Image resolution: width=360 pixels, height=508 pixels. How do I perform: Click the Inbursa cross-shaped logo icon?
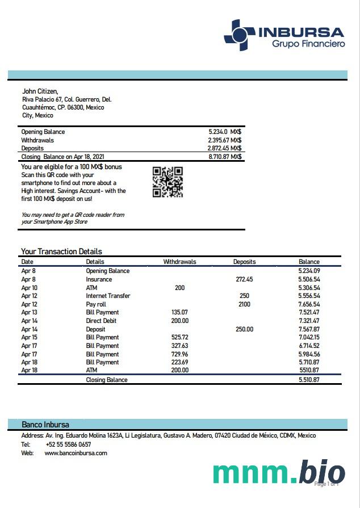239,35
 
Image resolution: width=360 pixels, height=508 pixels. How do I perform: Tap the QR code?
168,182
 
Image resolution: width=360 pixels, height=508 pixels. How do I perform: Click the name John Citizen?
40,91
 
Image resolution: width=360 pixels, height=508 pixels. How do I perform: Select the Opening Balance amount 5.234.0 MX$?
225,132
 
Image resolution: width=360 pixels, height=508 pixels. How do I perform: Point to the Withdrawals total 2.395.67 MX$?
224,140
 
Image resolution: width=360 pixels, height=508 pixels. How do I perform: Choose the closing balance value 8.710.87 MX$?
225,157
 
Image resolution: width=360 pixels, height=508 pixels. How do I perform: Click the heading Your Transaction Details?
61,251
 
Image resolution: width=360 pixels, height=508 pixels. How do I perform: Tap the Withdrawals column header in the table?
179,262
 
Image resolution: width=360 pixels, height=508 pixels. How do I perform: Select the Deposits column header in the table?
244,262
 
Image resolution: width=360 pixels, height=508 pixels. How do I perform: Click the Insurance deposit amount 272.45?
244,279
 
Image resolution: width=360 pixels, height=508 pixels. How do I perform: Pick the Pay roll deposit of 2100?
244,304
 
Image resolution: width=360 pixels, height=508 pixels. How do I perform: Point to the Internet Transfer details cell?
108,296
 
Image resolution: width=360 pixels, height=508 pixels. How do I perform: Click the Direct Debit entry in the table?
101,321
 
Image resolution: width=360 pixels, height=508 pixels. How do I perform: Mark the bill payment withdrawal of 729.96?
179,354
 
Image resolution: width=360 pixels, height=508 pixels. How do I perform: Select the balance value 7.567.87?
309,329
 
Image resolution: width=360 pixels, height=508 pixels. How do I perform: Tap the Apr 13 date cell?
29,312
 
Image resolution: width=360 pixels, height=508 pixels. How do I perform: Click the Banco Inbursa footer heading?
45,425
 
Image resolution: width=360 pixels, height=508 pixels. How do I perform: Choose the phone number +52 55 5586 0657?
68,444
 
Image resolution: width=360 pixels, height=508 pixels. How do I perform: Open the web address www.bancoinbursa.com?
76,453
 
